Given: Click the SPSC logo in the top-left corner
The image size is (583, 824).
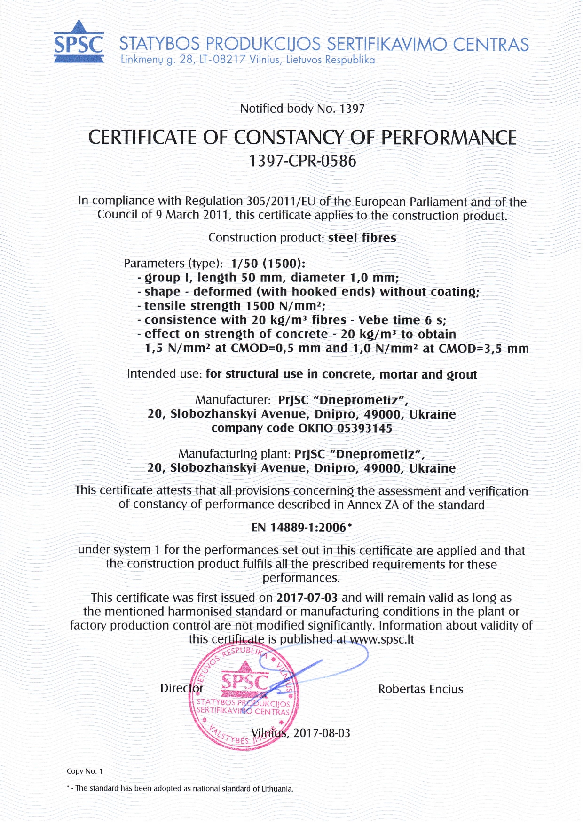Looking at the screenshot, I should pos(79,42).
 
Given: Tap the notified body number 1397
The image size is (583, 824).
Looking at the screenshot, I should pos(352,109).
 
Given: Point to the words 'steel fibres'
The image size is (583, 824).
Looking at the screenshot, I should pos(362,238).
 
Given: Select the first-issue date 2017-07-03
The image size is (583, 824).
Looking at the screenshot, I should pos(307,598).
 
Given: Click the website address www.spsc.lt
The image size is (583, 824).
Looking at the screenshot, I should pos(382,639).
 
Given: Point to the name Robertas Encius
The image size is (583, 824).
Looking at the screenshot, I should pos(421,689).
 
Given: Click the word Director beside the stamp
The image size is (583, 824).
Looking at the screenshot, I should pos(181,688).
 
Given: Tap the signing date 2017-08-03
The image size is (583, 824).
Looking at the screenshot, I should pos(322,733).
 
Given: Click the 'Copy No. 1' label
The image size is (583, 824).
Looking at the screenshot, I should pos(85,771).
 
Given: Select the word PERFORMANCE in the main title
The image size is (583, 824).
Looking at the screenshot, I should pos(449,138).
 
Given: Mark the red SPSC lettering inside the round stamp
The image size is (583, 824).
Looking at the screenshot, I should pos(244,681).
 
